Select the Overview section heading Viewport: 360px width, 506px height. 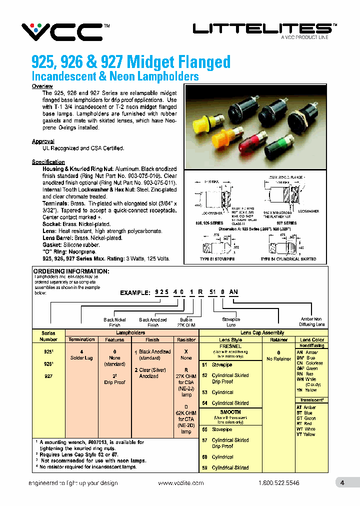[42, 86]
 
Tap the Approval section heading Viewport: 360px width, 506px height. [43, 141]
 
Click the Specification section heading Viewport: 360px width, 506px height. [48, 162]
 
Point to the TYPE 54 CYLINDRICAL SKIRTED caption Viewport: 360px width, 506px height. [288, 259]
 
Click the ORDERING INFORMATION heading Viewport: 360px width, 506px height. [71, 271]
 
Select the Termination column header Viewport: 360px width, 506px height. [81, 339]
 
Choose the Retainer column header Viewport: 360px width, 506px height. [278, 339]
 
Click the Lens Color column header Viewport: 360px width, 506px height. [312, 339]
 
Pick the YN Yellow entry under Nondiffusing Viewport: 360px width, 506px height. [306, 390]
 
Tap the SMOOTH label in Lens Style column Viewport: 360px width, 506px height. [230, 412]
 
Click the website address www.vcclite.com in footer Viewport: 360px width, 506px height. [180, 483]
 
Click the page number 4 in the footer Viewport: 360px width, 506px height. [342, 483]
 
